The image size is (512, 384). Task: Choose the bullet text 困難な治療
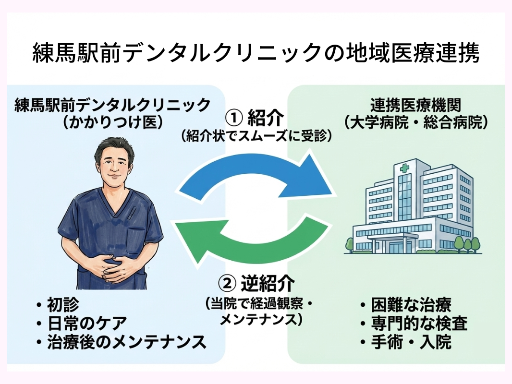tap(411, 304)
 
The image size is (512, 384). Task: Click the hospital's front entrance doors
tap(397, 247)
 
